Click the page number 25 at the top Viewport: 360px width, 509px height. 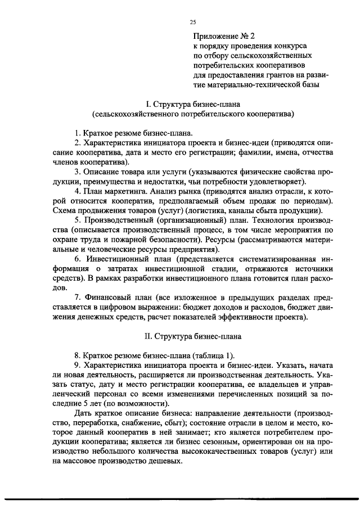point(193,22)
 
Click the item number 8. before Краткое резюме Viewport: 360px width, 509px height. point(78,355)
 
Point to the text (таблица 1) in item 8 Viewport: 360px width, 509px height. point(212,355)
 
